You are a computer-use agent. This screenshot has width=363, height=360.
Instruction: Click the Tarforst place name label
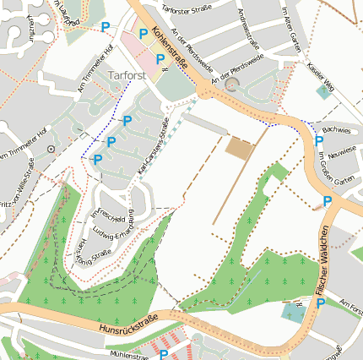tap(127, 75)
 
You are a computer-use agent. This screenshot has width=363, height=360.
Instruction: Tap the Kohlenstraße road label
tap(171, 49)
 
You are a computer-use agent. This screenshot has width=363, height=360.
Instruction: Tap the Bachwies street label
tap(336, 131)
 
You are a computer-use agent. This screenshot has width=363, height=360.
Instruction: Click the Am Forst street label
tap(349, 304)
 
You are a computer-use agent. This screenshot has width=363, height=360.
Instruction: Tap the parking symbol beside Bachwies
tap(318, 141)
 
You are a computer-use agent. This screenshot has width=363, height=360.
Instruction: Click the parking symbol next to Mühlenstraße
tap(164, 355)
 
